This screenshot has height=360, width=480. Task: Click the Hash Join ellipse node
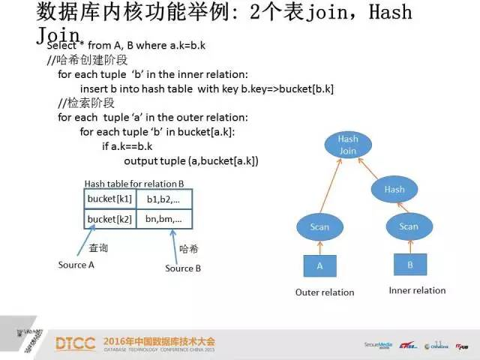(x=347, y=145)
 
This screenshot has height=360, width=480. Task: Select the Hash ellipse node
(x=394, y=190)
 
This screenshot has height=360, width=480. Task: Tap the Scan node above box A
(x=319, y=226)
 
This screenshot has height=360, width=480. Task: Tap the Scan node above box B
(x=408, y=226)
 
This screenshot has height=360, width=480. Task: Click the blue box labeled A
(x=319, y=265)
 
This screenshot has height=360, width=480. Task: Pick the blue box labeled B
(x=409, y=264)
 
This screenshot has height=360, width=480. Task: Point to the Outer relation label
(x=325, y=292)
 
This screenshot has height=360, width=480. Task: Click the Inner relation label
(x=417, y=290)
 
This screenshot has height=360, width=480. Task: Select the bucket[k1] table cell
(x=109, y=199)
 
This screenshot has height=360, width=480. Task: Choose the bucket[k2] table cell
(x=109, y=219)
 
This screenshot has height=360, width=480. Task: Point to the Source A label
(x=76, y=265)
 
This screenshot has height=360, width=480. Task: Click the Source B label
(x=183, y=268)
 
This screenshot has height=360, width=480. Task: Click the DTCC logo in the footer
(x=75, y=343)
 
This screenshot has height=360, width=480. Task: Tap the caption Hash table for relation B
(x=134, y=183)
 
